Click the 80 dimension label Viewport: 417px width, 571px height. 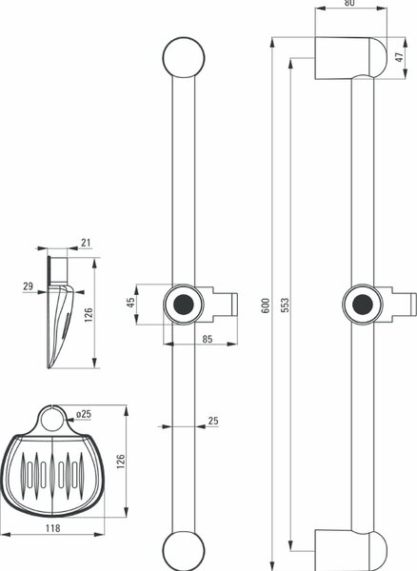(x=348, y=3)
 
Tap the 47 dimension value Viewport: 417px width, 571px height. (x=400, y=57)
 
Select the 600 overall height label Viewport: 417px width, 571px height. (x=266, y=305)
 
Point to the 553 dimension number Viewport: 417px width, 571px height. (x=286, y=305)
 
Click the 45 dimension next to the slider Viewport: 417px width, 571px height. (x=130, y=303)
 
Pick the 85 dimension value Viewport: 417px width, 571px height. (x=207, y=339)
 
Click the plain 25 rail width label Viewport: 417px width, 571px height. (x=213, y=421)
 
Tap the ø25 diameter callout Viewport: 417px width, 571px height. (x=84, y=414)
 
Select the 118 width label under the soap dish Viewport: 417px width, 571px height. (x=52, y=527)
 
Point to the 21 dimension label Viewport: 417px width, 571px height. (x=86, y=243)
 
